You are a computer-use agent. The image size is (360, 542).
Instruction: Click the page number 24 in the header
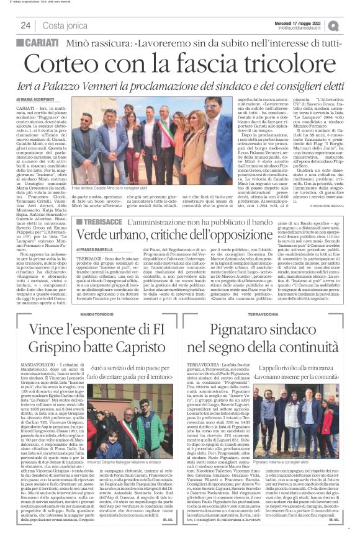[26, 25]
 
